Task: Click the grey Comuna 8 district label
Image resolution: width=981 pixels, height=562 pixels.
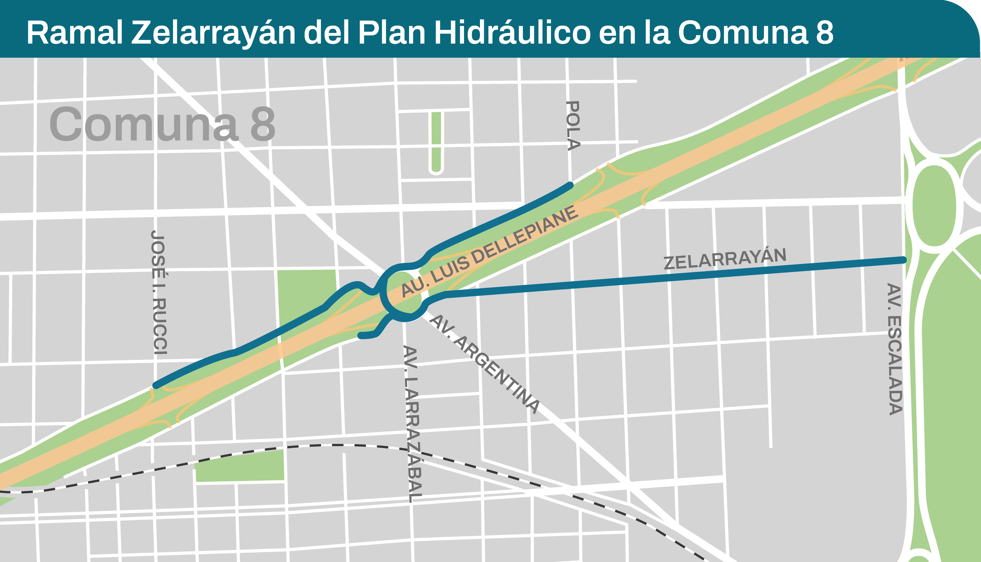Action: click(x=162, y=124)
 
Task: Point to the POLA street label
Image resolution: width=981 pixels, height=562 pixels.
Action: click(x=573, y=125)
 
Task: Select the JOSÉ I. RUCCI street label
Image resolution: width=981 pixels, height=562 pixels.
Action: click(x=159, y=293)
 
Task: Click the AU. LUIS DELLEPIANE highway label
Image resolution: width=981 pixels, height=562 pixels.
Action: click(x=489, y=251)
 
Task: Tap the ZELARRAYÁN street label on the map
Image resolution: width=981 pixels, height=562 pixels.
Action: click(x=725, y=259)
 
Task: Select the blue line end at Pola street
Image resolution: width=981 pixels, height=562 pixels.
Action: click(x=570, y=185)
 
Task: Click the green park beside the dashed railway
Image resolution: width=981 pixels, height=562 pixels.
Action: click(x=240, y=467)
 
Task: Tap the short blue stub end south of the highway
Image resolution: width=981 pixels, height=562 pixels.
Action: click(x=361, y=336)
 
